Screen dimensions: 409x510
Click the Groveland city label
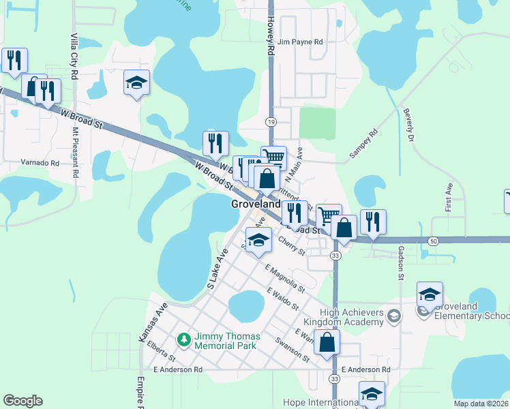point(254,204)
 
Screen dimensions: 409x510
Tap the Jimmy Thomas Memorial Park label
point(225,341)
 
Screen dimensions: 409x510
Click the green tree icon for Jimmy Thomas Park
point(183,339)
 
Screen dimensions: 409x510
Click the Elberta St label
point(161,351)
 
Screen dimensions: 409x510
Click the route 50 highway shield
point(434,241)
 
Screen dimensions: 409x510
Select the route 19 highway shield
point(271,121)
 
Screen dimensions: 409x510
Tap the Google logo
point(22,401)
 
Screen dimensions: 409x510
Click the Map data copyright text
point(481,404)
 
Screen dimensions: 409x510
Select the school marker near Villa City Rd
point(137,84)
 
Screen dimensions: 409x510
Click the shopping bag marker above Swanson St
point(327,343)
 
